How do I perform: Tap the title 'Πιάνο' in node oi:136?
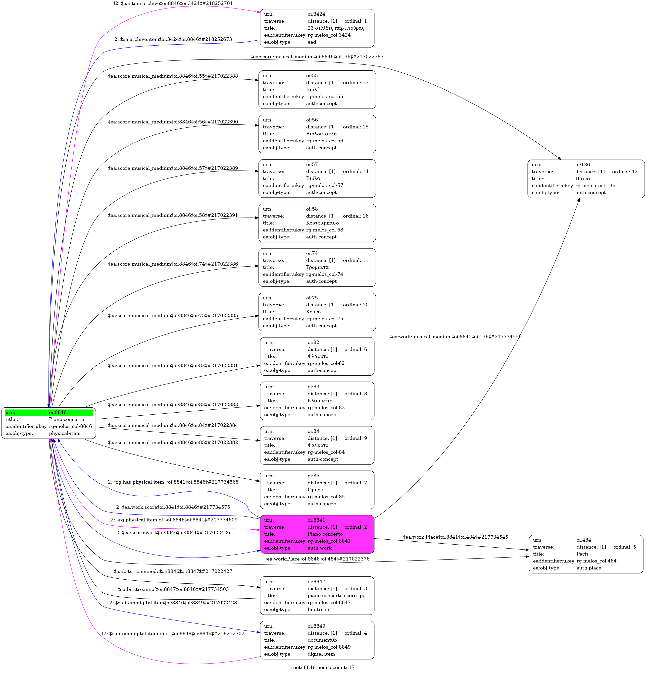click(x=583, y=178)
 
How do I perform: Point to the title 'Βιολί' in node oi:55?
click(x=312, y=90)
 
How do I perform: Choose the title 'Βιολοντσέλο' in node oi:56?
click(x=321, y=134)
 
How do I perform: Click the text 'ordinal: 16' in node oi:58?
click(x=356, y=216)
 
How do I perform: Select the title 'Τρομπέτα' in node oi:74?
click(x=317, y=267)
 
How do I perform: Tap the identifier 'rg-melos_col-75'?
click(x=324, y=319)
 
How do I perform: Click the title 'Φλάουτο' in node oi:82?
click(x=318, y=356)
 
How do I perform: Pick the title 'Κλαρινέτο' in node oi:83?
click(x=320, y=401)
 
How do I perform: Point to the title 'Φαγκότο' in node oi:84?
click(x=318, y=445)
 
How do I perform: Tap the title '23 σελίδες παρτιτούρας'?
click(x=336, y=28)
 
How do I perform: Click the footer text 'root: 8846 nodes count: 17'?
click(x=323, y=667)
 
